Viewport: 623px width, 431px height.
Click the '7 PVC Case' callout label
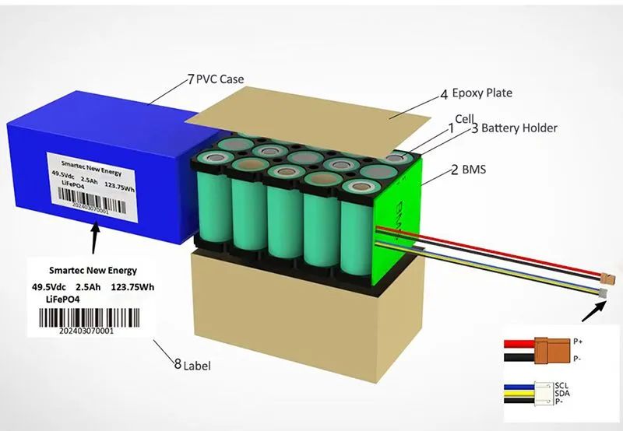[216, 79]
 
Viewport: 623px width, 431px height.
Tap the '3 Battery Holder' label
[514, 128]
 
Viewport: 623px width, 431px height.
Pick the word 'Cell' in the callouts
[464, 118]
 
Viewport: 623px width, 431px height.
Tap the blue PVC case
[93, 132]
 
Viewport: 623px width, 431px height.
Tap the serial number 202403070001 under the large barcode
[86, 331]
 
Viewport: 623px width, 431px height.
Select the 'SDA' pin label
[562, 394]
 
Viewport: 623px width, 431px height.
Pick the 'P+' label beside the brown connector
[578, 341]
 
